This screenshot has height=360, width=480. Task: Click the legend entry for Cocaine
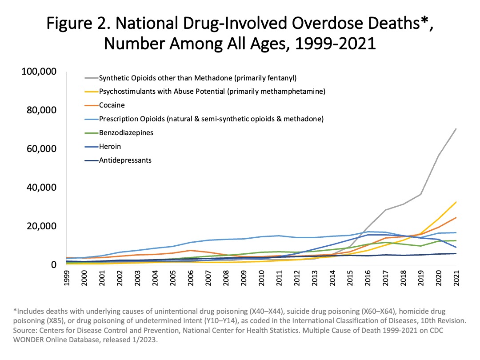(x=112, y=105)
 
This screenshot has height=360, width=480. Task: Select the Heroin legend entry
(x=109, y=146)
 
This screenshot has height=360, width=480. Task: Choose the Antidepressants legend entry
(x=125, y=160)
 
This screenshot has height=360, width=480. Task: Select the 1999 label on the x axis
(x=67, y=280)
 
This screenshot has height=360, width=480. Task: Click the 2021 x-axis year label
(x=456, y=280)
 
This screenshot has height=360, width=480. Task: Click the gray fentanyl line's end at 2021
(x=456, y=128)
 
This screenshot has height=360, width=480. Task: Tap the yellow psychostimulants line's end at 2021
(x=456, y=202)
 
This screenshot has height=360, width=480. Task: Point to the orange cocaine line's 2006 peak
(x=191, y=250)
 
